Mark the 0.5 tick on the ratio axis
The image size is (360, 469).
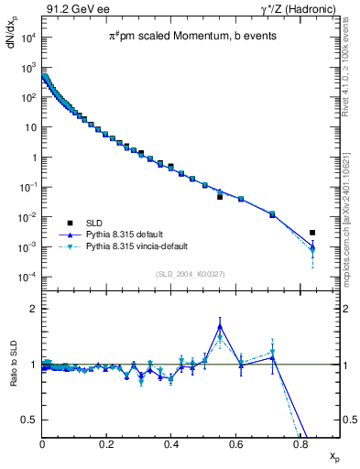tap(29, 420)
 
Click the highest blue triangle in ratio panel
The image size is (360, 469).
tap(220, 325)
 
